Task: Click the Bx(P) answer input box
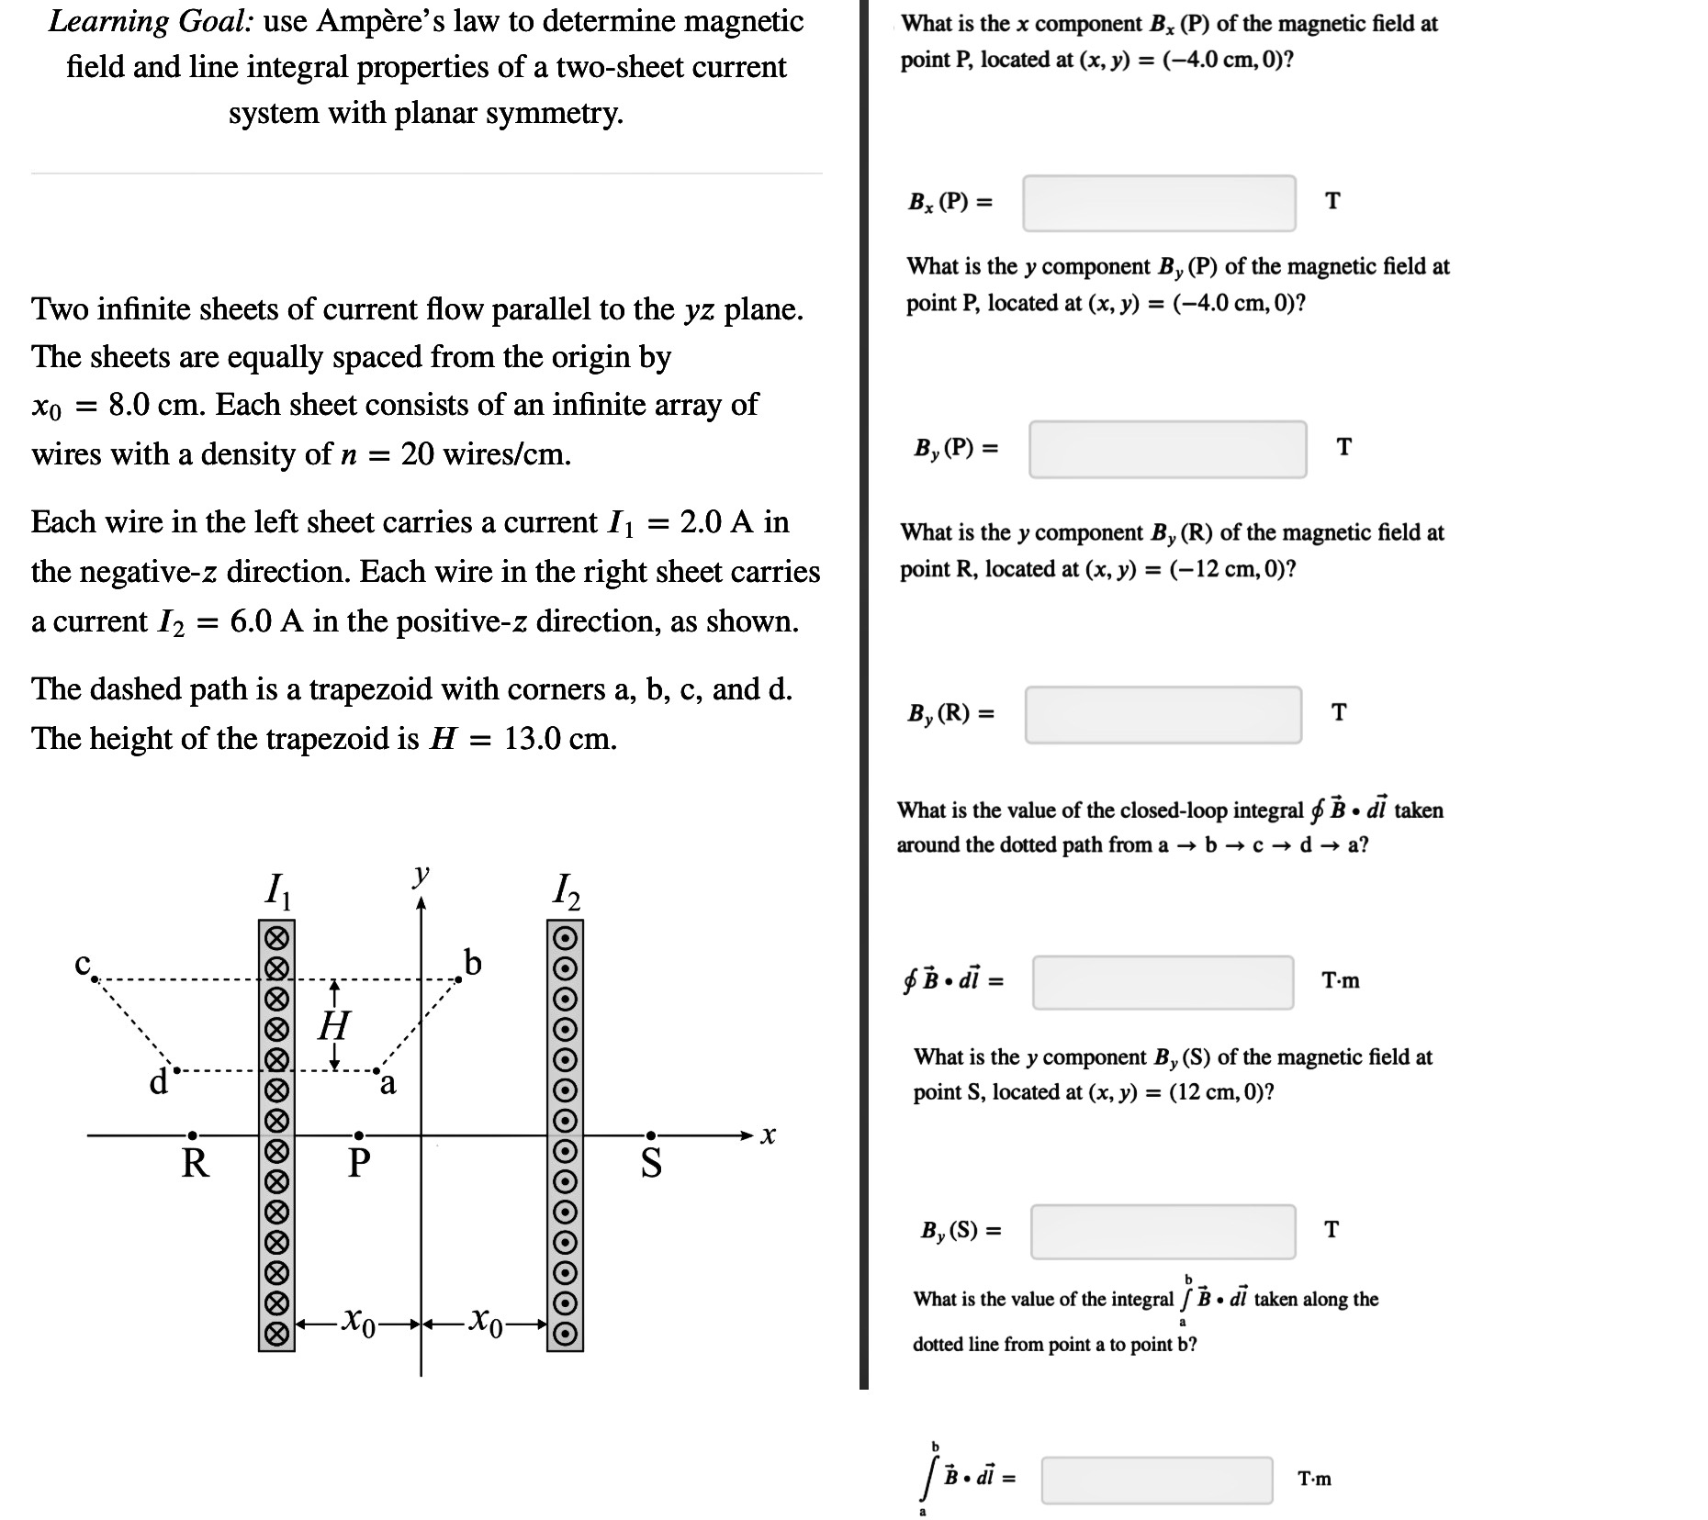pyautogui.click(x=1159, y=203)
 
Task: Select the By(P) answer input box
pyautogui.click(x=1166, y=449)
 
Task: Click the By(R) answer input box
pyautogui.click(x=1163, y=714)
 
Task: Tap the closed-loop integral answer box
pyautogui.click(x=1163, y=982)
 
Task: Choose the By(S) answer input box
pyautogui.click(x=1163, y=1231)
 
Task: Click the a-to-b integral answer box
pyautogui.click(x=1156, y=1480)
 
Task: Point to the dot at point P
pyautogui.click(x=359, y=1135)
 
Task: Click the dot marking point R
pyautogui.click(x=192, y=1135)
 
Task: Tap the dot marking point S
pyautogui.click(x=650, y=1135)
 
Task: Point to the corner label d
pyautogui.click(x=158, y=1082)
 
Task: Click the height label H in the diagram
pyautogui.click(x=334, y=1025)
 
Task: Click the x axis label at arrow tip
pyautogui.click(x=769, y=1136)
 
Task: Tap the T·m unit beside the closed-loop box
pyautogui.click(x=1340, y=981)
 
